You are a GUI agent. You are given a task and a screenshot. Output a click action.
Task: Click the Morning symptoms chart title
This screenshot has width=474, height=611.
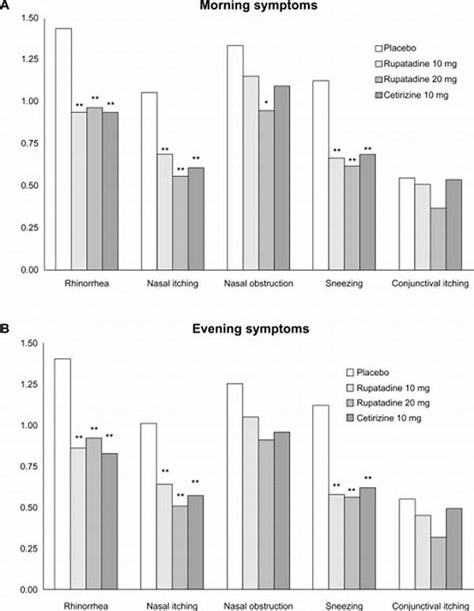(257, 7)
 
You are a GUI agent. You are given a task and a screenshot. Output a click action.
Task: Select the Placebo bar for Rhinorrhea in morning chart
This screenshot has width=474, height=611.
(63, 150)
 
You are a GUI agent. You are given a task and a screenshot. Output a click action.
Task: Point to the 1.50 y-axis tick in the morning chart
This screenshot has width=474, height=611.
(28, 17)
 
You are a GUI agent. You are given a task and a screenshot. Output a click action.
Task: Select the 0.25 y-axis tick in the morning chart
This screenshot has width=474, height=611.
(28, 228)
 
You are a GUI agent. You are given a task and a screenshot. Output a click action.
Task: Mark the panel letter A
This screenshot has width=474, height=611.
(6, 7)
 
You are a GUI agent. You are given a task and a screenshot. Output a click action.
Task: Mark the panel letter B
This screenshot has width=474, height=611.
(6, 324)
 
